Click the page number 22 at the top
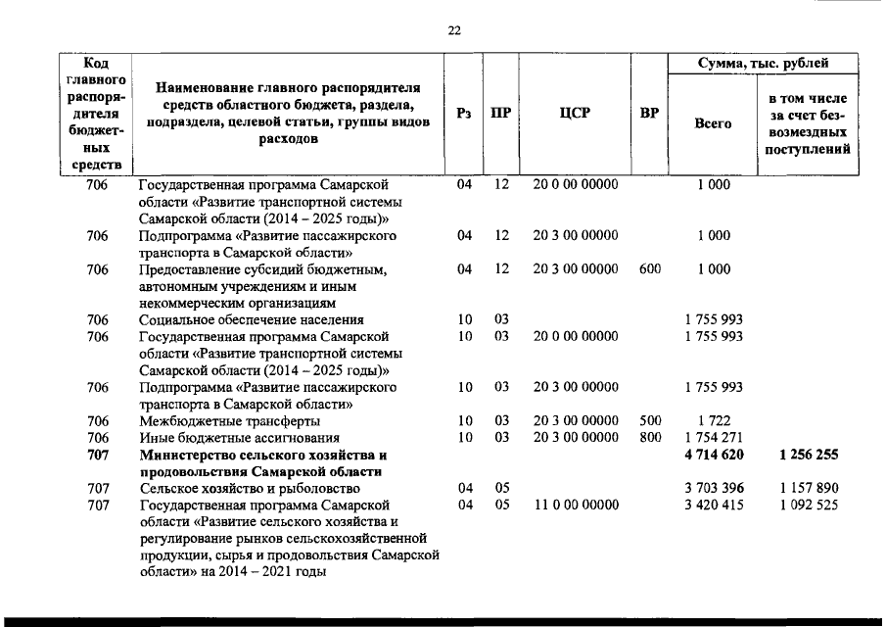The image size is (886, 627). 454,30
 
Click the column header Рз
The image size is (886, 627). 465,113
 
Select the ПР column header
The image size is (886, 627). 500,113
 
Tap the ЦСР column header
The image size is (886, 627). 575,113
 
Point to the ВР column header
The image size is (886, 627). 649,113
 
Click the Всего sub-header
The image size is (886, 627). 713,123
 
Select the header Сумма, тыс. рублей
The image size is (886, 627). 763,64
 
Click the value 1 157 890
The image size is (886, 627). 808,488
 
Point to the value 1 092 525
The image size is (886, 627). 808,505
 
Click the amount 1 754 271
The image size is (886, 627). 713,437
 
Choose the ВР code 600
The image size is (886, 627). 649,268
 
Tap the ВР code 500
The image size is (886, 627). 649,420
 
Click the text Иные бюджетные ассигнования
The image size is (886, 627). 239,437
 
